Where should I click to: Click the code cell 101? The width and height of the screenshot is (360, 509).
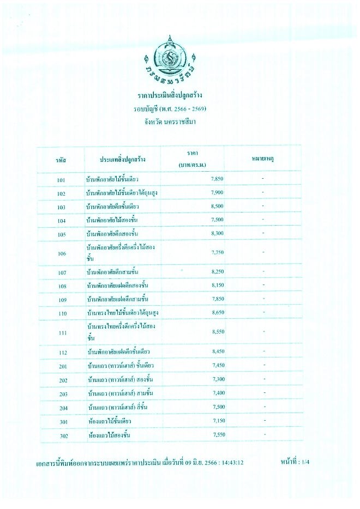pos(61,179)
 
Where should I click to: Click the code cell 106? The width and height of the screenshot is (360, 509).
pos(61,253)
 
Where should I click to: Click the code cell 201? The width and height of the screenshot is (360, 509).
pos(61,366)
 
